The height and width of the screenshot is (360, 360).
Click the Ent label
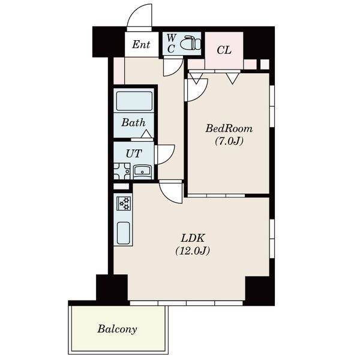click(141, 44)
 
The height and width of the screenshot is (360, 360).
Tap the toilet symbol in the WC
click(190, 43)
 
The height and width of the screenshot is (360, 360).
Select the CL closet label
click(224, 50)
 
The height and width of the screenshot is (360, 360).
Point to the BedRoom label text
click(229, 128)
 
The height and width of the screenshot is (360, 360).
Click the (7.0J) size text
click(229, 141)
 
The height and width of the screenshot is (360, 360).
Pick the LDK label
click(193, 238)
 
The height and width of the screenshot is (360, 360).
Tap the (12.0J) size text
click(193, 251)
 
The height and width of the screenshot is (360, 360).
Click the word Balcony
click(117, 329)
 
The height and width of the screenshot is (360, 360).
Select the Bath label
click(133, 122)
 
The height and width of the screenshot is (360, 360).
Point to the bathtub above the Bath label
click(134, 101)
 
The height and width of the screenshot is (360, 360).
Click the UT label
click(134, 154)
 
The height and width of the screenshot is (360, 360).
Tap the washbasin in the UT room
click(142, 172)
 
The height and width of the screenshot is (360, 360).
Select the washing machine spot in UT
click(122, 171)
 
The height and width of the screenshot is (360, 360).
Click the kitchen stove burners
click(124, 203)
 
